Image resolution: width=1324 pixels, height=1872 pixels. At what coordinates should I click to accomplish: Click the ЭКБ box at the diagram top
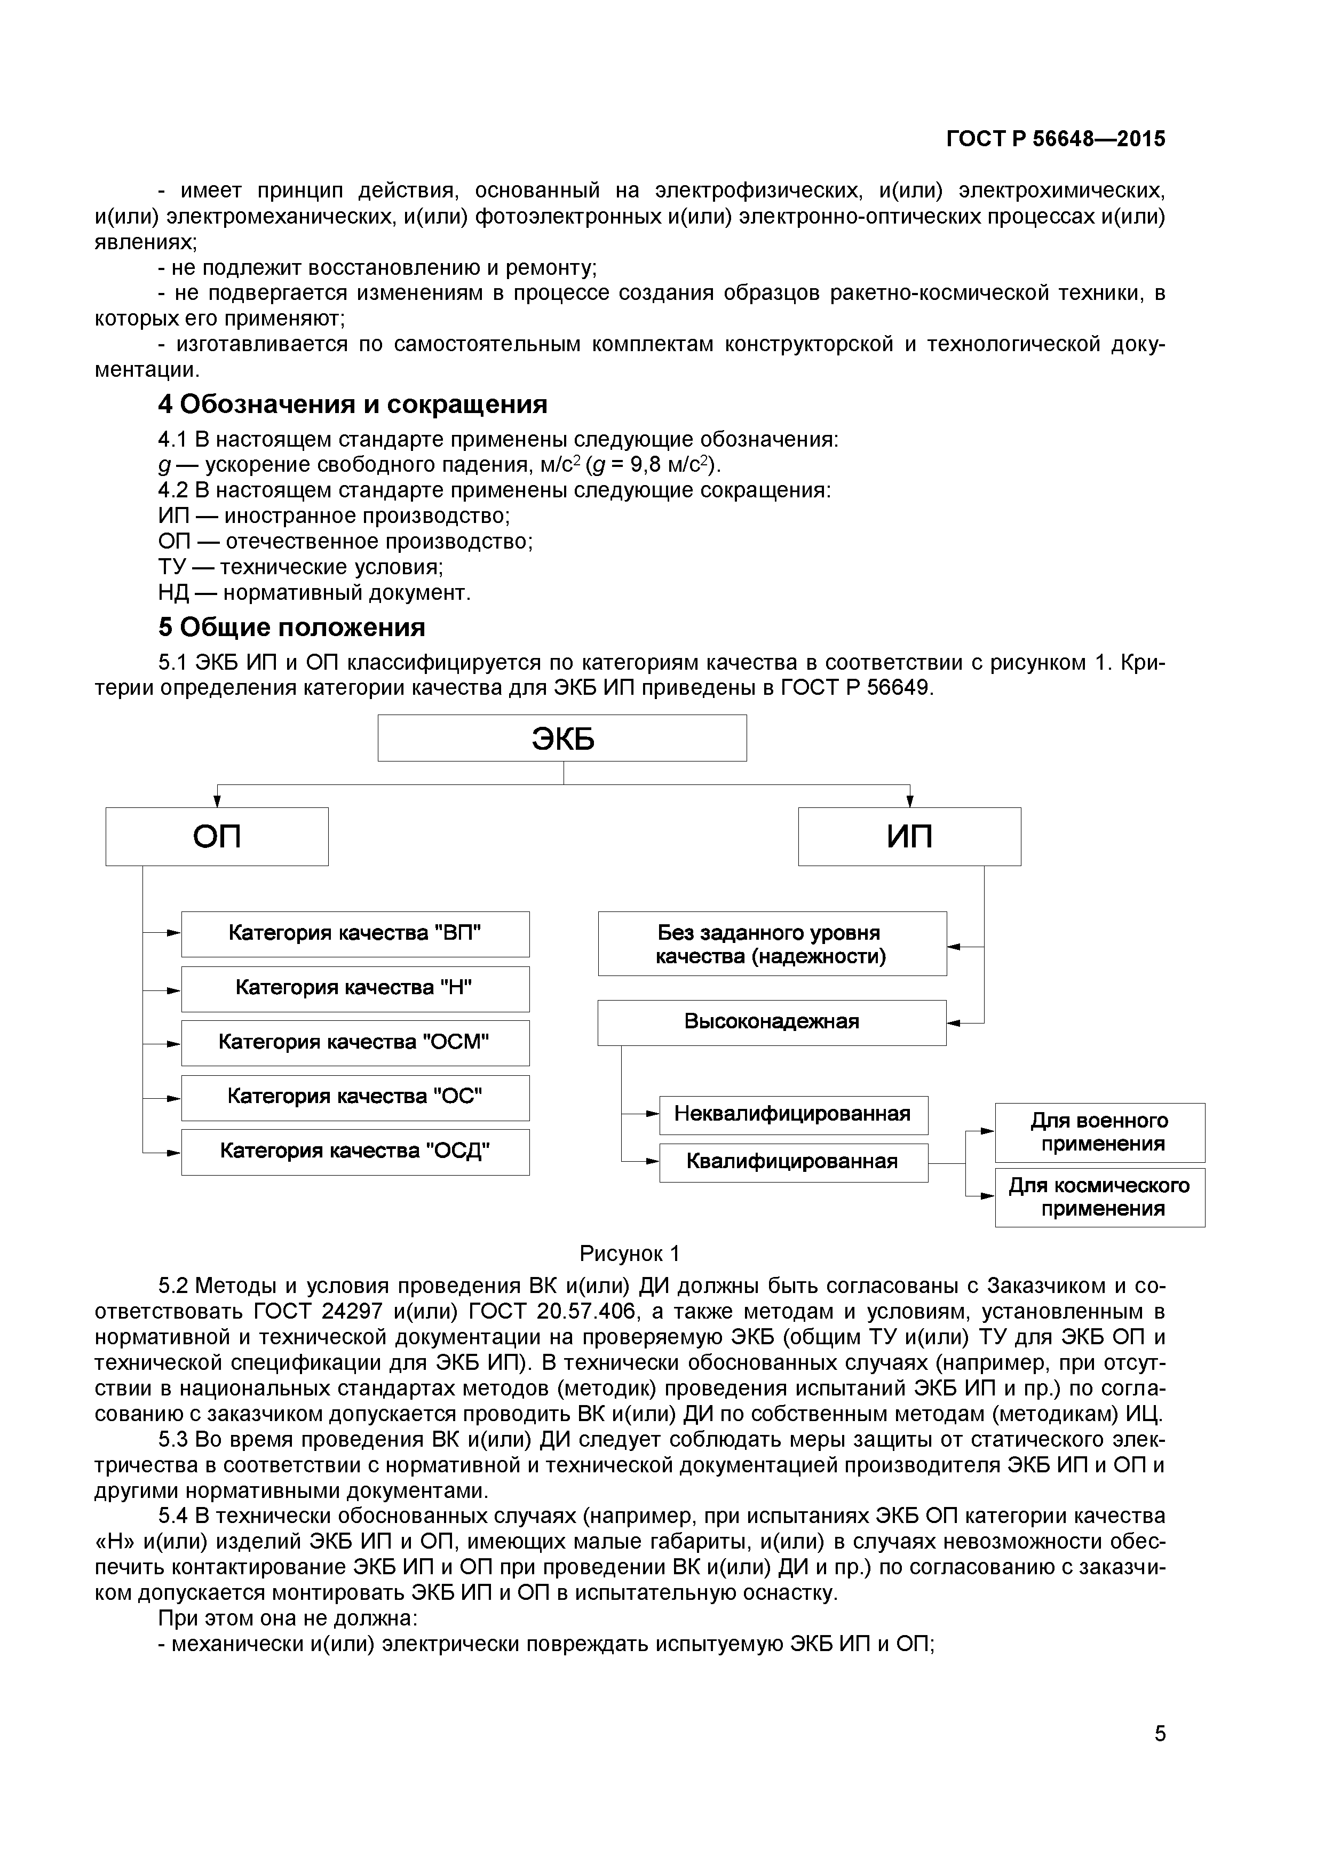(x=562, y=738)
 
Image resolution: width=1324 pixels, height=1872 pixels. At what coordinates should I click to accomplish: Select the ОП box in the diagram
(x=217, y=837)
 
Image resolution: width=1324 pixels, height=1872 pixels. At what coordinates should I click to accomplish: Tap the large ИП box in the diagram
(x=909, y=837)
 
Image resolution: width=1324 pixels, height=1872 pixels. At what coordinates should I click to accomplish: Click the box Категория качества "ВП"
(x=355, y=933)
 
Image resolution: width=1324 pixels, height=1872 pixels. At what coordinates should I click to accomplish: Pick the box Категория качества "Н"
(x=355, y=988)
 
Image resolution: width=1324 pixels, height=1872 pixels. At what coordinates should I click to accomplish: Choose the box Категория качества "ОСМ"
(x=355, y=1043)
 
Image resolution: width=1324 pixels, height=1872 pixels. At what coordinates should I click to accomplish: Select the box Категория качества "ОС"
(x=355, y=1098)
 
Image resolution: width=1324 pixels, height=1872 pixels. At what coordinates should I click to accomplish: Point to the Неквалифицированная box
(x=792, y=1115)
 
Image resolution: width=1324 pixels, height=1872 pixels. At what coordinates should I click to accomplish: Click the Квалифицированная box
(x=792, y=1162)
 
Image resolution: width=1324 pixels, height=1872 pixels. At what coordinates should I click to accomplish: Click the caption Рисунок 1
(x=629, y=1253)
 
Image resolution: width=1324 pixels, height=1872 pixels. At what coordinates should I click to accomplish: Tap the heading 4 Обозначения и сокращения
(x=352, y=404)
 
